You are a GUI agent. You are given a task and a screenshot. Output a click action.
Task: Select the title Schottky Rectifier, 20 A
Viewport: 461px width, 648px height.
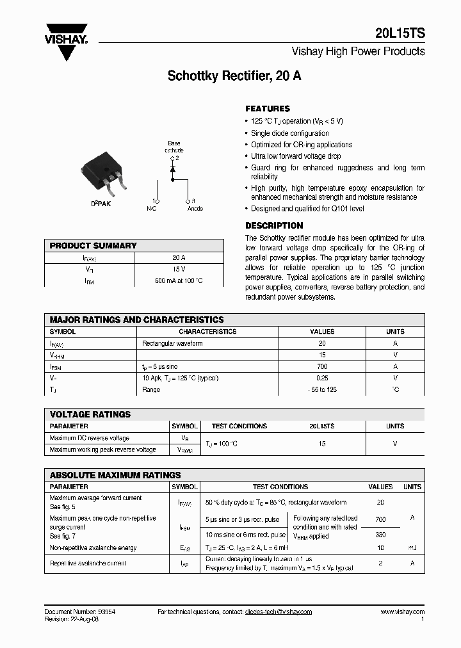[x=234, y=76]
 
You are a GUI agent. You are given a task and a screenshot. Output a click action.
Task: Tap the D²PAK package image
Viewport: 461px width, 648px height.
[x=104, y=174]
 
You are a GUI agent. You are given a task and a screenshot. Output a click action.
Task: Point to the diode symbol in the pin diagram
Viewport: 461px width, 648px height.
[x=172, y=170]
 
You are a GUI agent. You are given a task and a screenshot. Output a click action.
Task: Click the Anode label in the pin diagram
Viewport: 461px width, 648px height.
[x=195, y=208]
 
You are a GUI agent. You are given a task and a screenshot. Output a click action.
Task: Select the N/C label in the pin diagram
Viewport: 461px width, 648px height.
[x=152, y=208]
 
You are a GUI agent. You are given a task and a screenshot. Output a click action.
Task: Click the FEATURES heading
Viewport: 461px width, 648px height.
[x=268, y=109]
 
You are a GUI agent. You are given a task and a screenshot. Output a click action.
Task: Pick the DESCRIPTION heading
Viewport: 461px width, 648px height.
[x=274, y=225]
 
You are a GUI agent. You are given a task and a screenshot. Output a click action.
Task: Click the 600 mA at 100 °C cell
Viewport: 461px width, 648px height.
[x=179, y=280]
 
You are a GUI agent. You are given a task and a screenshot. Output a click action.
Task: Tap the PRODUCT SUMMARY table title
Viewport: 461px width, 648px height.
[x=93, y=245]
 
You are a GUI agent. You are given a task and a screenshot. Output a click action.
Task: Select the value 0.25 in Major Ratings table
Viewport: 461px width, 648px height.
[x=322, y=378]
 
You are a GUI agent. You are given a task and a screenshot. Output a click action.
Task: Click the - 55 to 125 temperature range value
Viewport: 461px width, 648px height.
[x=322, y=389]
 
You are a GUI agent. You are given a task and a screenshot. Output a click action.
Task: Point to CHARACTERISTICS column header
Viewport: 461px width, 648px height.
[x=207, y=332]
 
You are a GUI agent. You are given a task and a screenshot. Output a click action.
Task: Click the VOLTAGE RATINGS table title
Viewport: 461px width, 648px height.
[x=90, y=414]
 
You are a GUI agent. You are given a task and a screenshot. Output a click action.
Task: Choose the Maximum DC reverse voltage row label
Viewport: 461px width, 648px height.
[x=90, y=438]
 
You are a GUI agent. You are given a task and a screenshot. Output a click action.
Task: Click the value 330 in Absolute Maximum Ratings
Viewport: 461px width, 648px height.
[x=380, y=533]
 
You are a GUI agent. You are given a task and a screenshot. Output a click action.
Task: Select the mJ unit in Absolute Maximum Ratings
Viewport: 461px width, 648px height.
[x=412, y=548]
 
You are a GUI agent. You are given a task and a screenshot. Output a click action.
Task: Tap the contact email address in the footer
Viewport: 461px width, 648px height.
[x=278, y=612]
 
